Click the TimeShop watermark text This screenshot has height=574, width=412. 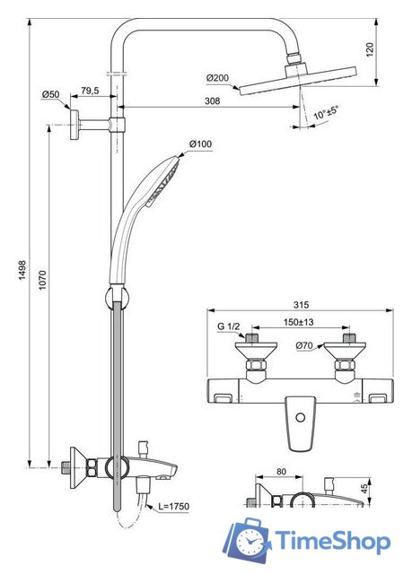332,543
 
